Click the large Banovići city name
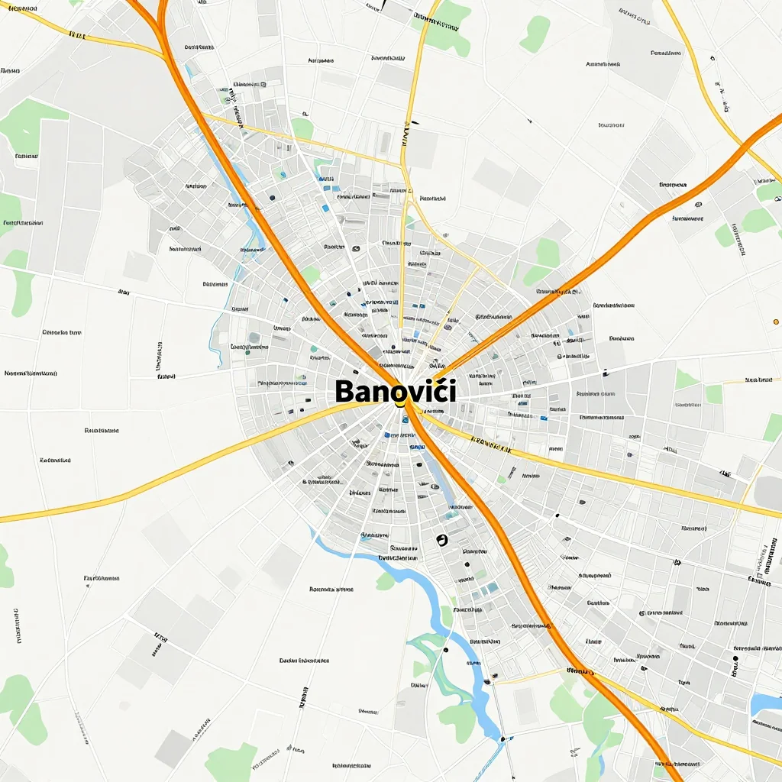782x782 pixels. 395,392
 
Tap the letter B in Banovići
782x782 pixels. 344,393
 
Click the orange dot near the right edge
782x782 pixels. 776,322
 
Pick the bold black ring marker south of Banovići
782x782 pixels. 441,540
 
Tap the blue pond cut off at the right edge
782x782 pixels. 766,703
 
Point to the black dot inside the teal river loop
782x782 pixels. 444,650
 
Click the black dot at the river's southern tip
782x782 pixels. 502,739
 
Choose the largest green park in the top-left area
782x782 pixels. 31,122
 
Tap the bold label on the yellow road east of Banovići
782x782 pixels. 490,442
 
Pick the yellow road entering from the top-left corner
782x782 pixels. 76,34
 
